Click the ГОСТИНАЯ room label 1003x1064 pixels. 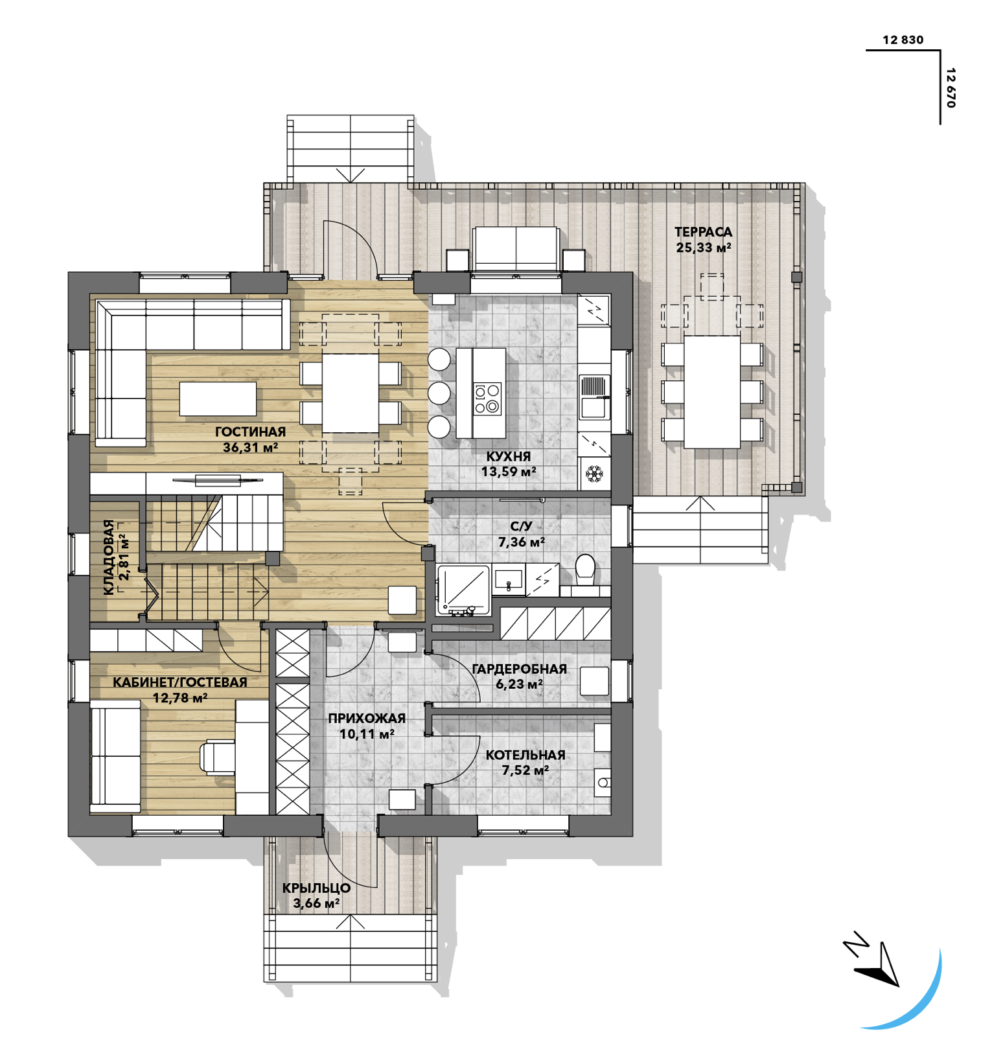coord(250,432)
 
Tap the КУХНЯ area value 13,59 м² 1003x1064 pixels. coord(509,472)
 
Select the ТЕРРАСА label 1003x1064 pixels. coord(703,232)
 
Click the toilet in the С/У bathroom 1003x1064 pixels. coord(585,570)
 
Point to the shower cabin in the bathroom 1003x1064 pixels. coord(463,589)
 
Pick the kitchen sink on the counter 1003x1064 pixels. coord(594,396)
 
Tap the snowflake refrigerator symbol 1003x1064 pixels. coord(594,474)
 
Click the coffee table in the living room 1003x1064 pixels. coord(218,399)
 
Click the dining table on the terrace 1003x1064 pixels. coord(712,391)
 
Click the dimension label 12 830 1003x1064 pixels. coord(903,40)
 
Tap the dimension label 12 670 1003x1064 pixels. coord(951,87)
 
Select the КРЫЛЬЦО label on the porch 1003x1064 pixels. coord(316,888)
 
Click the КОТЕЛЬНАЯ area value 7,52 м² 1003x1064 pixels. coord(525,770)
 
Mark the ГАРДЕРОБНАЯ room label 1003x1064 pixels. coord(520,669)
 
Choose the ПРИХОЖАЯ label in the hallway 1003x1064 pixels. coord(367,718)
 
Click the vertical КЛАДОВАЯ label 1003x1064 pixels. coord(109,557)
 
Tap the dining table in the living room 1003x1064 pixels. coord(351,393)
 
